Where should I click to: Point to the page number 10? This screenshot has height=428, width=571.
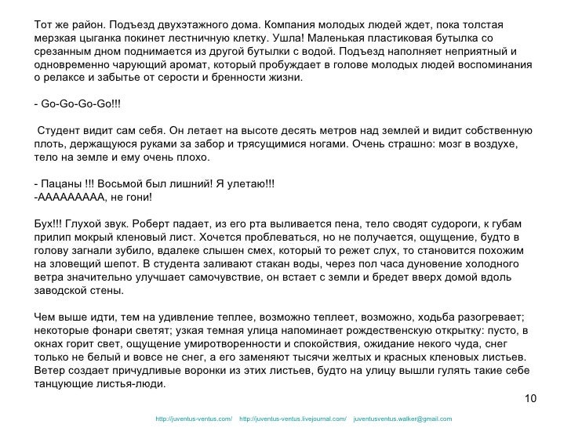(529, 400)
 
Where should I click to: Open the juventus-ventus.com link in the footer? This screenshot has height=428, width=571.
(194, 418)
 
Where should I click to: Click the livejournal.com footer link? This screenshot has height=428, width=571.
(292, 418)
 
